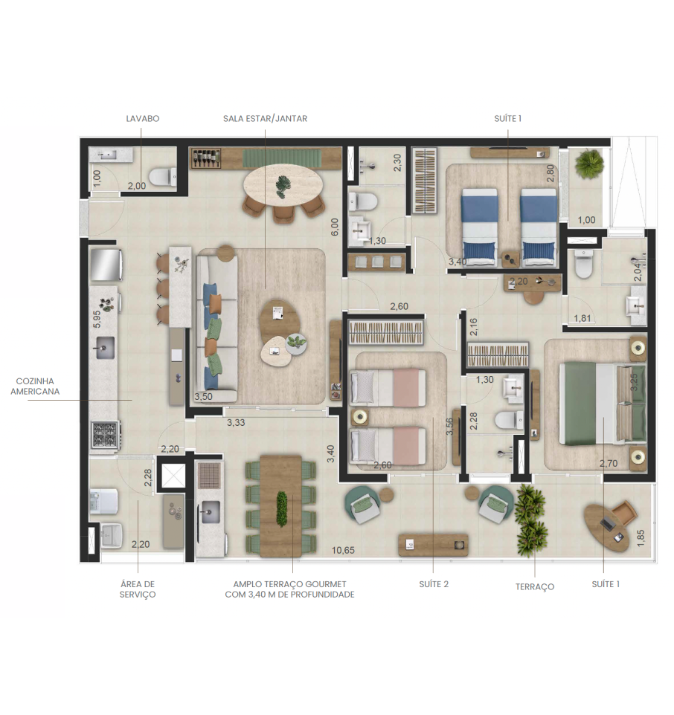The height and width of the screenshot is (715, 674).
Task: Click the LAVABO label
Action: (142, 119)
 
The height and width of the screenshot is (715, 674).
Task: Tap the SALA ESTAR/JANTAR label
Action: (265, 119)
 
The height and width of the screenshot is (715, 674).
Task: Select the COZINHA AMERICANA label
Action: (35, 386)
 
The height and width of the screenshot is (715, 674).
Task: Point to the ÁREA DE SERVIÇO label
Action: (138, 589)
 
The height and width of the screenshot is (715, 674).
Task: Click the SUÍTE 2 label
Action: (434, 584)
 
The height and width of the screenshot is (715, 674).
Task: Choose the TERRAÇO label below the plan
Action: (535, 587)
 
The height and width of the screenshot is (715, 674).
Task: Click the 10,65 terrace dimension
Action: (343, 551)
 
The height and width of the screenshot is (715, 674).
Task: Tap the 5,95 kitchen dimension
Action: (97, 319)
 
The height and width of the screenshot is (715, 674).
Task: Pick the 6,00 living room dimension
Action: (335, 227)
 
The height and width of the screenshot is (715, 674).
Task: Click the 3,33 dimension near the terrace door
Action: (236, 423)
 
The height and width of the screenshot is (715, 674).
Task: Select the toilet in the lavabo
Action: (163, 176)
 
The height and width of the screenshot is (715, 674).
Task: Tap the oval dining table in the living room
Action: (283, 186)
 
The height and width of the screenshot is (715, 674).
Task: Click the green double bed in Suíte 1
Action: (603, 403)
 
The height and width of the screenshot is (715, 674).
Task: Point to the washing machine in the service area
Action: (104, 501)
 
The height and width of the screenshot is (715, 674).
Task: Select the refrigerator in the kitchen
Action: (106, 265)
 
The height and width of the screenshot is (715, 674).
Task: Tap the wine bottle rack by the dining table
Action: (206, 158)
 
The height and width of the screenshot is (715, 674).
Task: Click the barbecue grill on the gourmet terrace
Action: (210, 476)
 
